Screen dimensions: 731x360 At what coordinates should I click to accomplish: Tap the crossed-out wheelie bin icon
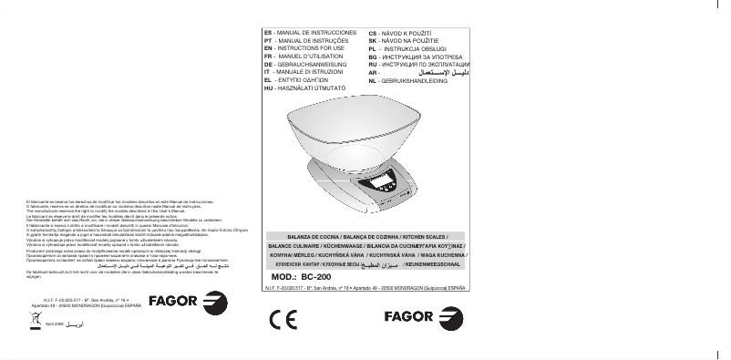click(x=37, y=320)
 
